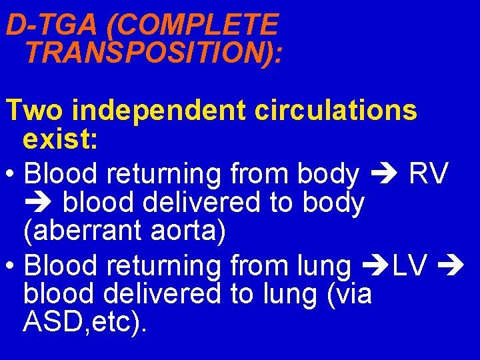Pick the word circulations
(336, 111)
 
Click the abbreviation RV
(429, 174)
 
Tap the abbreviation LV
(410, 266)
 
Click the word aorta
(193, 231)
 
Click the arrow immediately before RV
(383, 175)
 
